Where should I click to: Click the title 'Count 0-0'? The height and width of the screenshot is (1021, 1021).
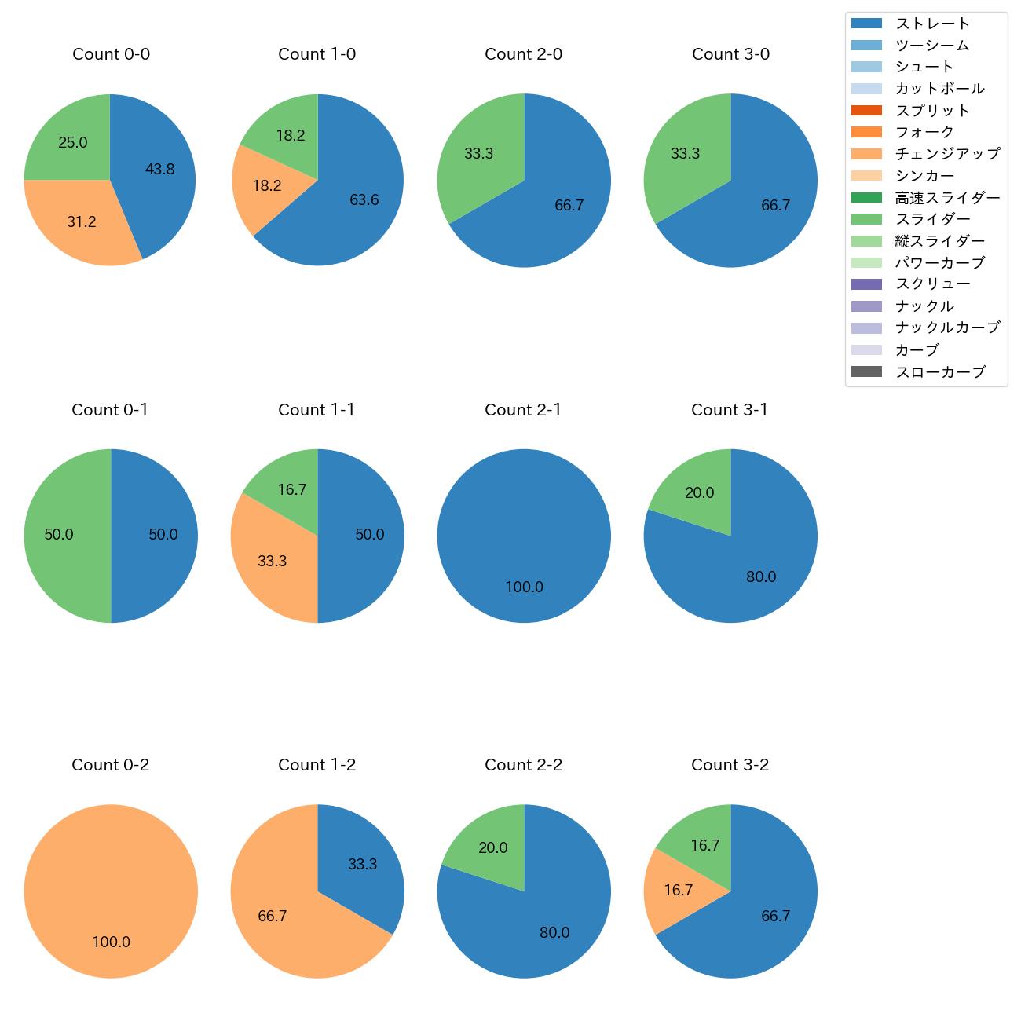(111, 54)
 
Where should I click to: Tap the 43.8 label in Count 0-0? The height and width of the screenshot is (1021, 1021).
(160, 169)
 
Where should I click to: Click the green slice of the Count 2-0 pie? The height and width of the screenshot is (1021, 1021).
(479, 153)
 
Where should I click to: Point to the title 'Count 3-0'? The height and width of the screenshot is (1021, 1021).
(730, 54)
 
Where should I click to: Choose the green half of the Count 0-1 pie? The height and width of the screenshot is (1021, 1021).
(63, 535)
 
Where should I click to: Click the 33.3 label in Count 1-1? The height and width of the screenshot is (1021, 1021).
(273, 561)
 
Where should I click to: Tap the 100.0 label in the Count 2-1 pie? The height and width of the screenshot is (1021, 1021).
(524, 587)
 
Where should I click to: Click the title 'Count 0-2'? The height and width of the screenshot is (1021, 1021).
(111, 765)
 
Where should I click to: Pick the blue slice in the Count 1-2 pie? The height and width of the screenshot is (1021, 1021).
(361, 864)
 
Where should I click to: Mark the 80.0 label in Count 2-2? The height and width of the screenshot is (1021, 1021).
(554, 932)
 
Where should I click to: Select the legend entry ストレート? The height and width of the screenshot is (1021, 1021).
(932, 24)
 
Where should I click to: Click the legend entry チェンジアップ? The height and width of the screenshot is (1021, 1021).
(947, 154)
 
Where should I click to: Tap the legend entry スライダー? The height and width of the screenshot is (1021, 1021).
(932, 219)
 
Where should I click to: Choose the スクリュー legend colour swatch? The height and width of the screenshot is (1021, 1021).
(866, 284)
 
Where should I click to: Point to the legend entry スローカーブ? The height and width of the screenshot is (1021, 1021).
(940, 371)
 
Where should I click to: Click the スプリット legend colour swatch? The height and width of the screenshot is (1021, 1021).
(866, 111)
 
